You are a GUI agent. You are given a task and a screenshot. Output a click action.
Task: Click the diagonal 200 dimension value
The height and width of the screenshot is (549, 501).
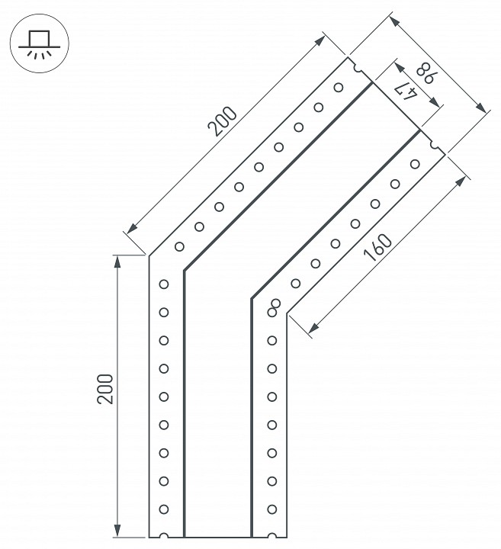[x=223, y=123]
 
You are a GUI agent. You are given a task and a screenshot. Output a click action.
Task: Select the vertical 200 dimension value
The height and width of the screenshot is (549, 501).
[x=106, y=388]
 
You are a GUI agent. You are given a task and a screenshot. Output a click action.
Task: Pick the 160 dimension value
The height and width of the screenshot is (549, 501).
[x=377, y=249]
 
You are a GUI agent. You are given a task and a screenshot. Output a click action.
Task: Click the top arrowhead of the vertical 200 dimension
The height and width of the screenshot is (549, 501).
[x=117, y=260]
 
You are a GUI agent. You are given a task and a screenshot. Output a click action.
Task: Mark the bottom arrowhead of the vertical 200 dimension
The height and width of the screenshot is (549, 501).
[x=117, y=531]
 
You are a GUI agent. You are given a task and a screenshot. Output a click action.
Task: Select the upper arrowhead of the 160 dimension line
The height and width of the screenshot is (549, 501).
[x=462, y=179]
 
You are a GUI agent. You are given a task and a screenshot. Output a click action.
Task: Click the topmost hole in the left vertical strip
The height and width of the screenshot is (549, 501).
[x=163, y=284]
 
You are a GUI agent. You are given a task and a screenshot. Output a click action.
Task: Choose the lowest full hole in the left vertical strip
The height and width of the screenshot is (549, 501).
[x=163, y=509]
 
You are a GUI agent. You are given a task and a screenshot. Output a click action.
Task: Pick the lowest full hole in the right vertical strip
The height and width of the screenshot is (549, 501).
[x=271, y=509]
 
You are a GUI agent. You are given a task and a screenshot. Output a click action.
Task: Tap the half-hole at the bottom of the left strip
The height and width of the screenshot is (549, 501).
[x=163, y=536]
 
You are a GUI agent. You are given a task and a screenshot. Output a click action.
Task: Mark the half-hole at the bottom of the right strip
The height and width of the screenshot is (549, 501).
[x=271, y=536]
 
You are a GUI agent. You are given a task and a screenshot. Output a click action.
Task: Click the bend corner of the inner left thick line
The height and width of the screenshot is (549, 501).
[x=184, y=271]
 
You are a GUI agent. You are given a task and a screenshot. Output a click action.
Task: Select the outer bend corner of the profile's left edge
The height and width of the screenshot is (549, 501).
[x=149, y=255]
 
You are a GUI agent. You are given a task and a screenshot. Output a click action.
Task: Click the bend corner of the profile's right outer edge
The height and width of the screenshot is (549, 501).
[x=287, y=313]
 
